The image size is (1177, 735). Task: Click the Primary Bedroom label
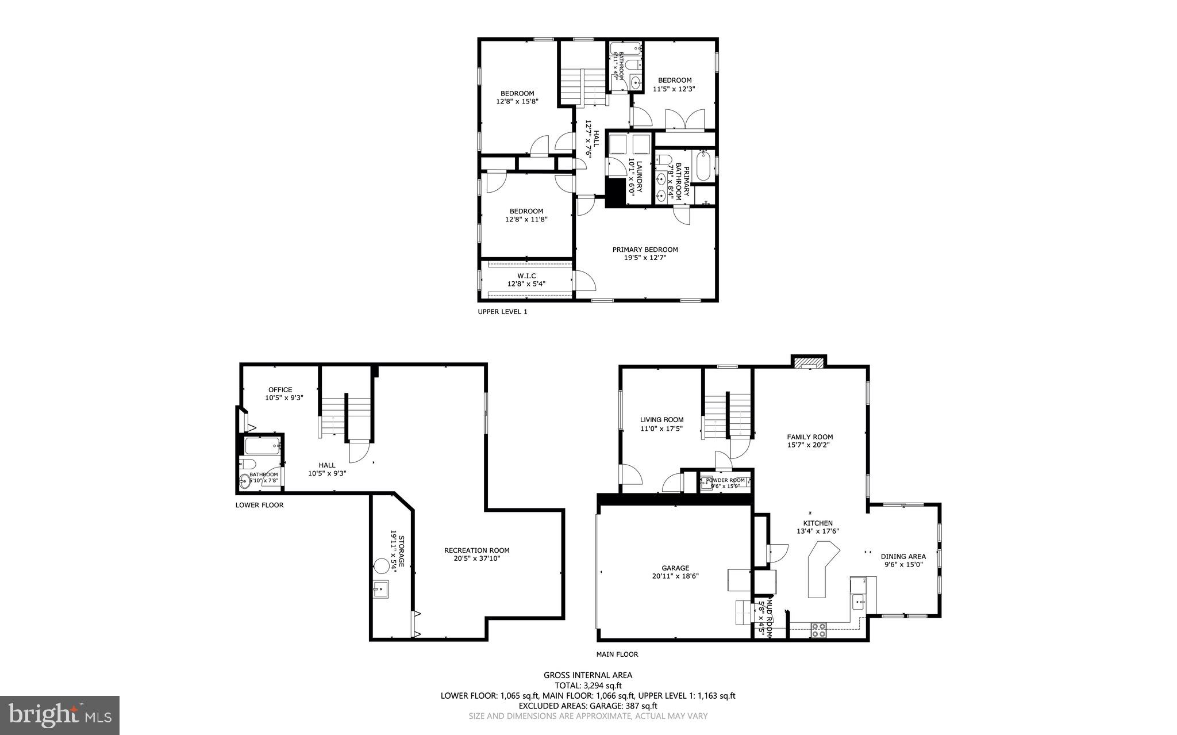(645, 250)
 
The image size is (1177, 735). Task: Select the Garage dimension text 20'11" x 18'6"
(675, 576)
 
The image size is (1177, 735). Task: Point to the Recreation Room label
(476, 550)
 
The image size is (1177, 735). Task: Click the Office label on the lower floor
(280, 390)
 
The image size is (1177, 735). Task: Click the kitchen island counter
(820, 569)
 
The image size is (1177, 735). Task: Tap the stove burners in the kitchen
(818, 630)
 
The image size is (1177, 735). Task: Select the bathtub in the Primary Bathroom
(704, 166)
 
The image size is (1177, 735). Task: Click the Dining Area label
(903, 556)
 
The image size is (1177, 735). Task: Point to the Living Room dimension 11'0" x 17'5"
(661, 428)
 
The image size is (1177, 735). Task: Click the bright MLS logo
(60, 715)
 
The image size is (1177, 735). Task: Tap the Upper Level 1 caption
(502, 312)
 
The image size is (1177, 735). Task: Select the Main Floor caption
(617, 654)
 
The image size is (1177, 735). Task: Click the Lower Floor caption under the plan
(259, 505)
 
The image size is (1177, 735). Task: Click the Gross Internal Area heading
(588, 675)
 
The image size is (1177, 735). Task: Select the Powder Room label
(725, 480)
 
